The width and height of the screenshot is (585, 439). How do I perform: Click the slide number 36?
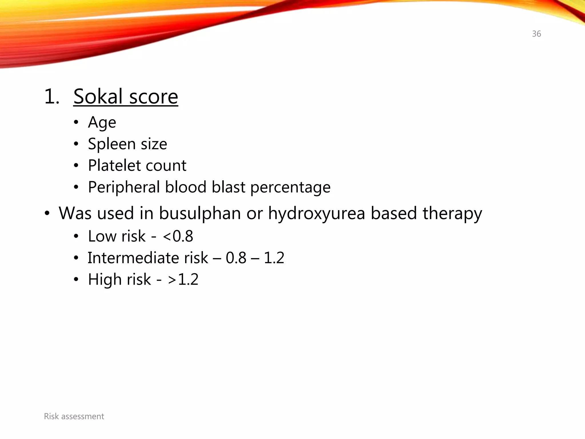point(536,34)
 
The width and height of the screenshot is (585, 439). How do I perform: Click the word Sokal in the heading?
point(98,97)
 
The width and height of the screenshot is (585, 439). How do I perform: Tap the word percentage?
point(290,187)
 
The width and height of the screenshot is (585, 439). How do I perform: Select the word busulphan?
point(200,213)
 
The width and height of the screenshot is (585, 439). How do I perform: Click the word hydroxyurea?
point(316,213)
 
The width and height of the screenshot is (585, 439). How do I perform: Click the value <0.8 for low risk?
point(178,236)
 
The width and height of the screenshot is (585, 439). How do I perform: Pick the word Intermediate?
point(133,258)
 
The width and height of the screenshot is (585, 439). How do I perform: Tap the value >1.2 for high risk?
point(183,280)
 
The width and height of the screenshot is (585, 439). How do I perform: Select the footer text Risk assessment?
point(74,416)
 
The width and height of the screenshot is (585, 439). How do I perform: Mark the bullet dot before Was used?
point(47,213)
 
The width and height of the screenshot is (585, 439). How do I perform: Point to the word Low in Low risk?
point(102,236)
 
